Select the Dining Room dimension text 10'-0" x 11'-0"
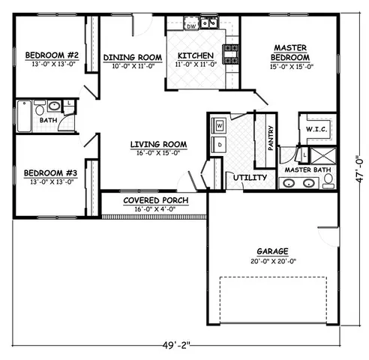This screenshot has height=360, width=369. point(133,66)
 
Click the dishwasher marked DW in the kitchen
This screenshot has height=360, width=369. point(190,26)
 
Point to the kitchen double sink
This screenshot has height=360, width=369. point(209,23)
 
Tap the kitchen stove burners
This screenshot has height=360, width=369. point(230,53)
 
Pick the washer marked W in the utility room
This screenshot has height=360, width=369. point(220,125)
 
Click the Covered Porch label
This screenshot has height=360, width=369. point(155,201)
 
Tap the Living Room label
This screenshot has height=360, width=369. point(158,144)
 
